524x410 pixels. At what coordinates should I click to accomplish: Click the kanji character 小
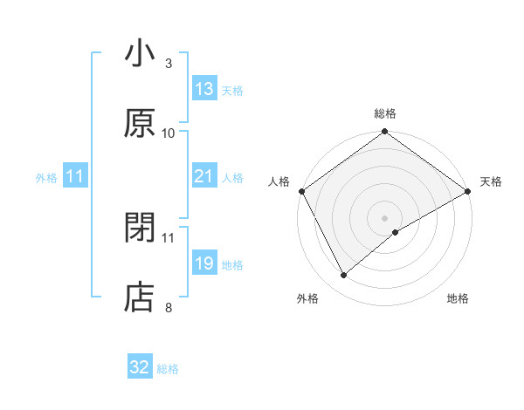point(140,54)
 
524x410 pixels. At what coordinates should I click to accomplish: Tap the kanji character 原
point(140,123)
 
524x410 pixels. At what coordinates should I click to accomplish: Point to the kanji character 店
point(140,297)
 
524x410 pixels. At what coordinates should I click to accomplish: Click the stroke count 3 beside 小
point(169,63)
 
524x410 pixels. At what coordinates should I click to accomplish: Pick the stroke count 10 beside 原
point(169,133)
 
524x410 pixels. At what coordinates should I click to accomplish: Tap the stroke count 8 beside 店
point(169,307)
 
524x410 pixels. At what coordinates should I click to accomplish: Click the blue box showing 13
point(204,89)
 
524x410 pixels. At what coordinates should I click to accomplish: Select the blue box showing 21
point(204,176)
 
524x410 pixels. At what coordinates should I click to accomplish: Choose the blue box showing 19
point(204,263)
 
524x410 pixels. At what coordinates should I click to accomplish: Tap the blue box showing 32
point(140,367)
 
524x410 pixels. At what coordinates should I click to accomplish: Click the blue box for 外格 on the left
point(75,176)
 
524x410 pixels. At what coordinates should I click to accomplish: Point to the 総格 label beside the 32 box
point(168,369)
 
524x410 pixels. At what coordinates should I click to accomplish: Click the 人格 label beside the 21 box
point(232,178)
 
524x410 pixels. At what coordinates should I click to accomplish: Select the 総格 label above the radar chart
point(385,113)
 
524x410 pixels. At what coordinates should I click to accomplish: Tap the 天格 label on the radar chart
point(491,181)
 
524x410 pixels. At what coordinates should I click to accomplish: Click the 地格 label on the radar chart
point(458,298)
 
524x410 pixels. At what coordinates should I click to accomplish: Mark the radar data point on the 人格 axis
point(301,190)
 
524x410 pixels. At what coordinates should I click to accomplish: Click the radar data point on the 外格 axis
point(343,275)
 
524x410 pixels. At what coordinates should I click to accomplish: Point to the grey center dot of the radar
point(385,216)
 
